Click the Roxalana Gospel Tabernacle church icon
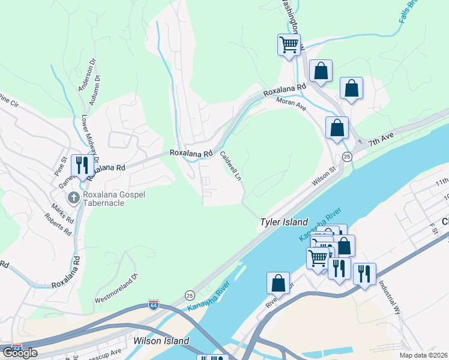73,197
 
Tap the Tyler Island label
284,222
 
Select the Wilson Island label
161,341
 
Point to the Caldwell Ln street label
231,166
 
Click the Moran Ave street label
292,105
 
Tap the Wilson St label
323,176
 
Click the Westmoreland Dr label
116,288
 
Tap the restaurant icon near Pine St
80,164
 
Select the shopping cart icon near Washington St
289,44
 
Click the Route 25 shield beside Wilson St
347,157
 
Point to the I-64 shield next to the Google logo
16,349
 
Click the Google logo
20,353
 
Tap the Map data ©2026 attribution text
423,355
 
